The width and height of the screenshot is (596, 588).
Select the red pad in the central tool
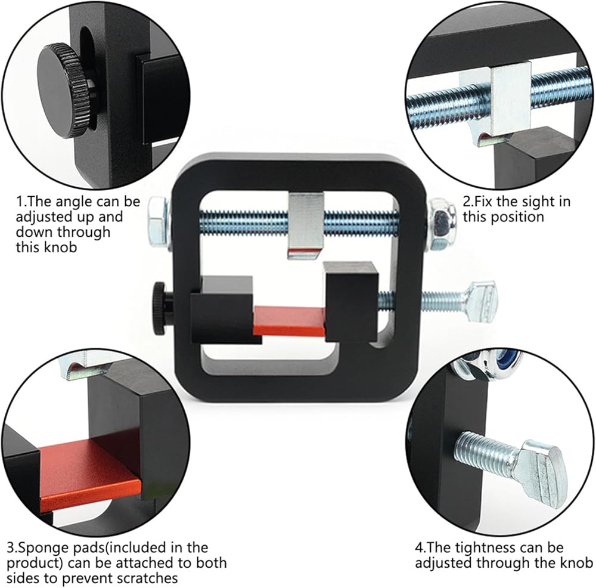pyautogui.click(x=290, y=320)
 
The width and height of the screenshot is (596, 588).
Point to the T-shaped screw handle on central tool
pyautogui.click(x=480, y=303)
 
